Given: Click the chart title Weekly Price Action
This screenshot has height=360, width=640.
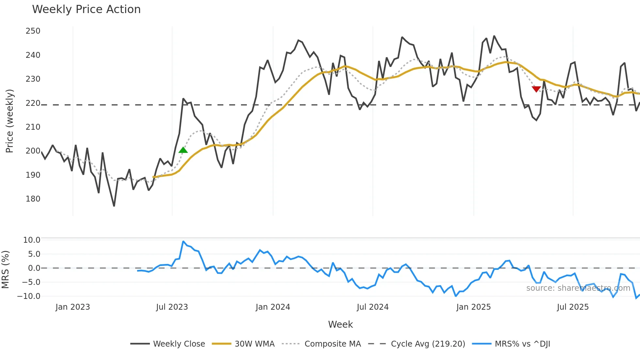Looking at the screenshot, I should pos(86,9).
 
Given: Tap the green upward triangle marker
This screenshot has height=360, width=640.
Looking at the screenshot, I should pos(183,150).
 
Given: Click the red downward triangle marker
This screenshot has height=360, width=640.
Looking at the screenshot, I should pos(536,89).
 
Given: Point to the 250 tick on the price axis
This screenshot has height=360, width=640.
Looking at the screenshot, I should pos(33,31).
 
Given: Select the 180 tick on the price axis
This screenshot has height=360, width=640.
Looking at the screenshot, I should pos(33,199).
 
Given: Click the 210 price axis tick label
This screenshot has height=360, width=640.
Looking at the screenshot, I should pos(33,127).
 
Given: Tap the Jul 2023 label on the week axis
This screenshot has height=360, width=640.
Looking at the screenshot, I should pos(172,307).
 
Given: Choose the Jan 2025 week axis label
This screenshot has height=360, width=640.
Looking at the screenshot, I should pos(473,307).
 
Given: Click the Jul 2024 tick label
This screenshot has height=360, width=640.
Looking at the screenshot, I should pos(373,307).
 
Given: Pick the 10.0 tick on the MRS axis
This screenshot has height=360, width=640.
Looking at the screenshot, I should pos(32,240).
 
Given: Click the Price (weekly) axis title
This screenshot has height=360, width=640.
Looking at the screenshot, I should pos(9,121).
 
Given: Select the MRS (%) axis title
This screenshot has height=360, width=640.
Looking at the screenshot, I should pos(5,270).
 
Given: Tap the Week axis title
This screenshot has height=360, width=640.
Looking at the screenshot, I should pos(340,324).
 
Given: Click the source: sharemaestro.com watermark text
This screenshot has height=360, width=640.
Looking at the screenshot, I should pos(578,288).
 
